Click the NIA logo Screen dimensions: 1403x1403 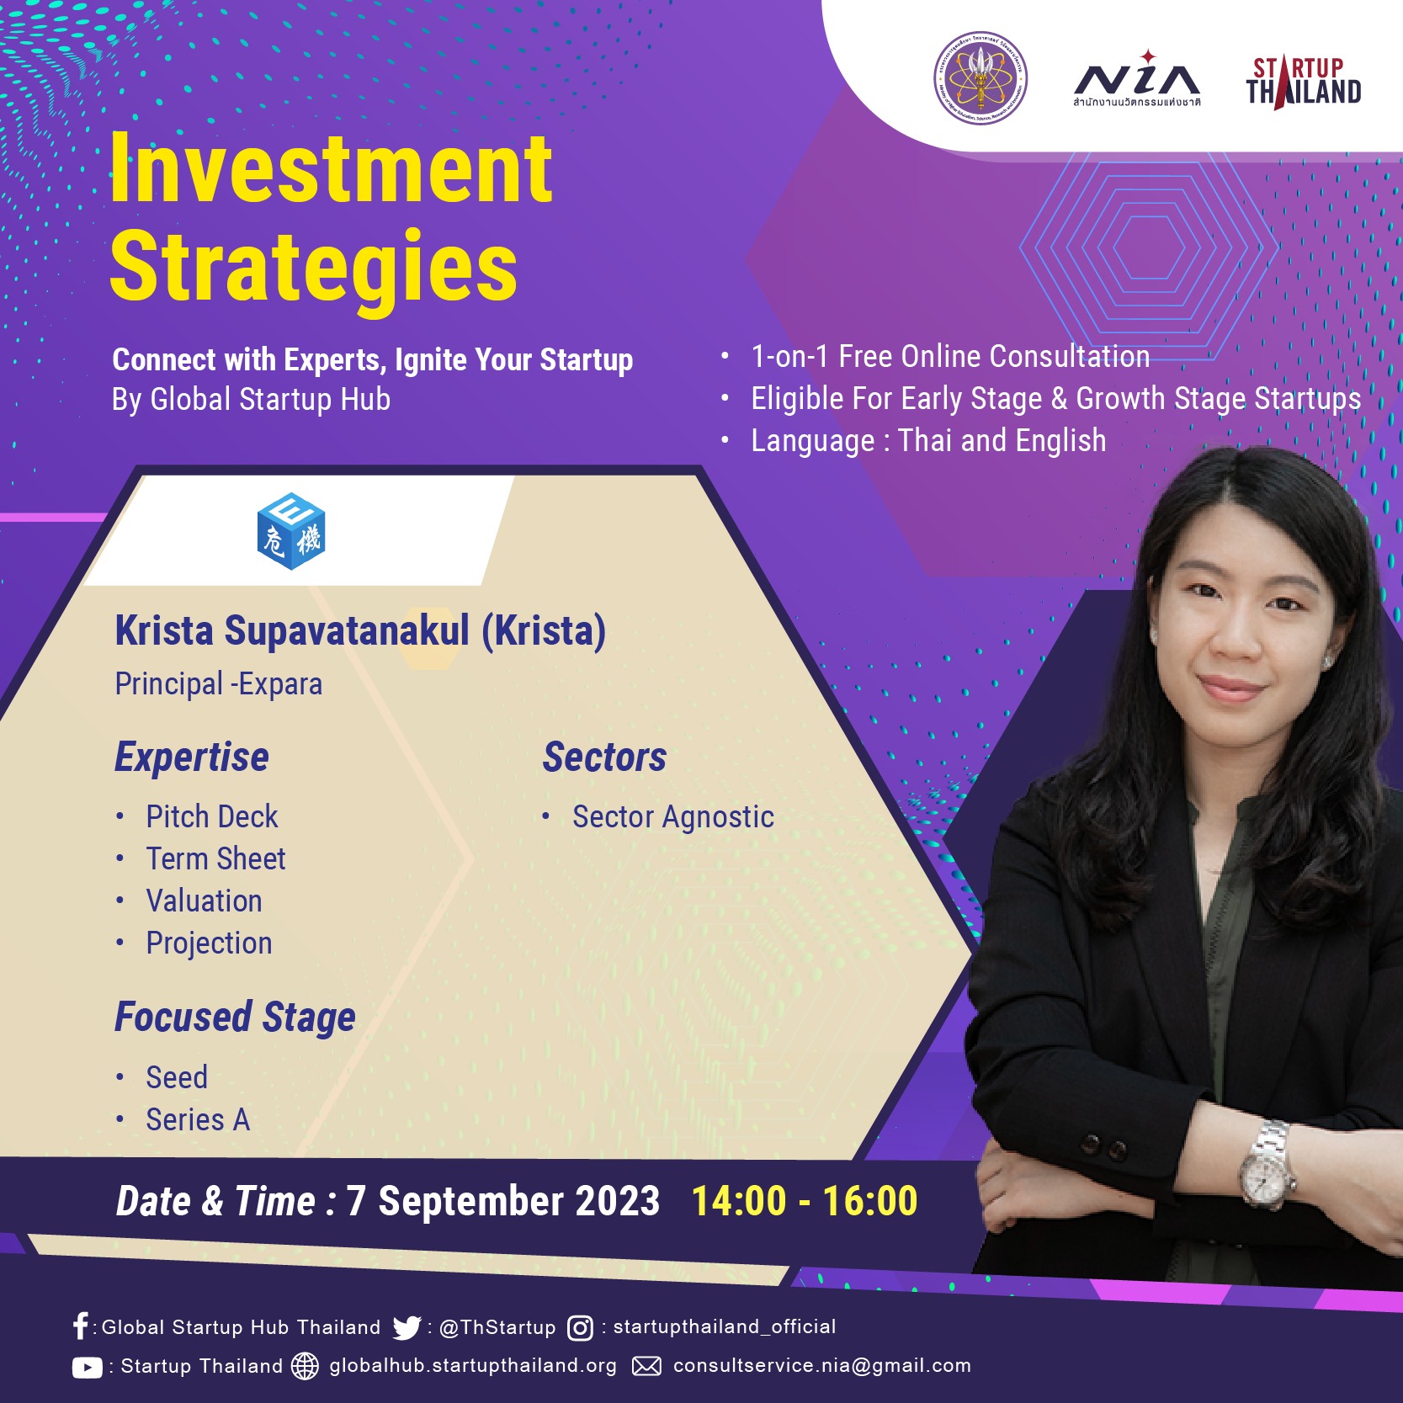click(x=1137, y=80)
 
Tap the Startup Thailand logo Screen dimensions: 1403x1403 click(x=1304, y=82)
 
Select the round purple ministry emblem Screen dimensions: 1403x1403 click(x=981, y=79)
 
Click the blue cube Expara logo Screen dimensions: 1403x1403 click(x=291, y=531)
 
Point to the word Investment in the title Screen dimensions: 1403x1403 click(x=331, y=169)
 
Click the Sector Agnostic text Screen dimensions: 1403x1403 click(x=673, y=817)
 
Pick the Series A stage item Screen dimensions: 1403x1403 click(x=198, y=1119)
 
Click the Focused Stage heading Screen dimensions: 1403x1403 click(x=235, y=1018)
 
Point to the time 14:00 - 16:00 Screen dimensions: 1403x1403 click(x=805, y=1201)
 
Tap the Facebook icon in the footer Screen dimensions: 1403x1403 click(x=81, y=1326)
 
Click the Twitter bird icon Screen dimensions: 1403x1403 click(x=407, y=1327)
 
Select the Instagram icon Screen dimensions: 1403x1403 click(x=581, y=1328)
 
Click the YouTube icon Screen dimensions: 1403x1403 click(x=88, y=1368)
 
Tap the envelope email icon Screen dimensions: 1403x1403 click(x=646, y=1366)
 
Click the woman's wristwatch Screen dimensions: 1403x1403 click(x=1266, y=1165)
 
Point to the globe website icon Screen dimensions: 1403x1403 click(x=305, y=1366)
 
